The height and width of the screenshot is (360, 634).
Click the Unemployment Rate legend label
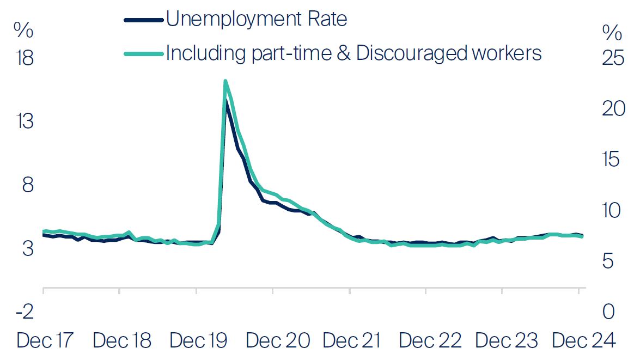[257, 20]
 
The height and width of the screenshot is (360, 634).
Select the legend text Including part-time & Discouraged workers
[353, 53]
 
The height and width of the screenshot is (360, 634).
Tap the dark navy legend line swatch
[144, 20]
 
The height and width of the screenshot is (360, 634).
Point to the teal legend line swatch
[144, 53]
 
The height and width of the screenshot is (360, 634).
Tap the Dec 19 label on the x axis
[198, 341]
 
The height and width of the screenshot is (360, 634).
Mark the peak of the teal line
[225, 81]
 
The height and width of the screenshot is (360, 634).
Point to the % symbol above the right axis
[612, 33]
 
